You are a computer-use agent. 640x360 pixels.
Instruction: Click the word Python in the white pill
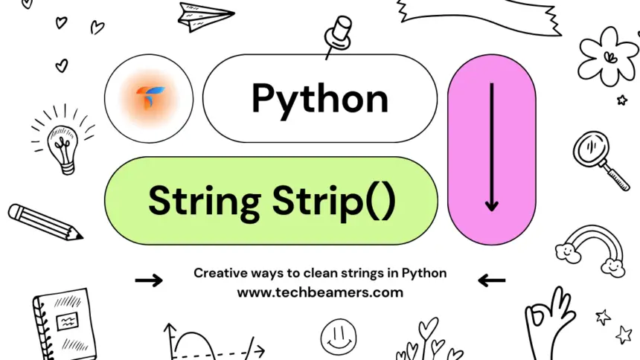click(x=319, y=99)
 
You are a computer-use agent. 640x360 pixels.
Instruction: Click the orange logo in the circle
click(x=149, y=98)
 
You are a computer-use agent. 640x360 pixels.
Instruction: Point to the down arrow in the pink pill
click(x=490, y=149)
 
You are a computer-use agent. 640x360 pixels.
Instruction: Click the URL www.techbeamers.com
click(x=320, y=292)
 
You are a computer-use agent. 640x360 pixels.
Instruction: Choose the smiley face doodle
click(x=339, y=336)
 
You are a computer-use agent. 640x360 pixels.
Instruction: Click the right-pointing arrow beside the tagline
click(x=149, y=280)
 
